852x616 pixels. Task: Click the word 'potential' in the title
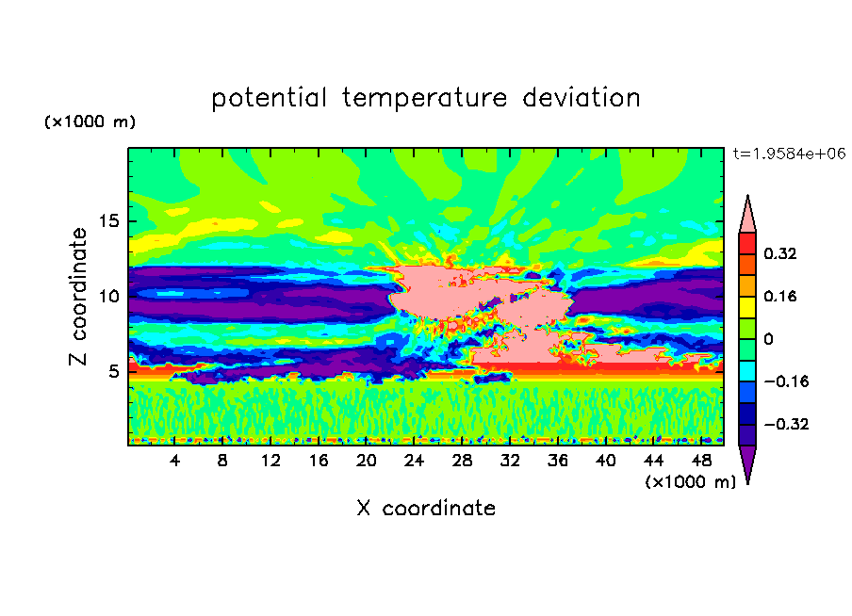[x=270, y=98]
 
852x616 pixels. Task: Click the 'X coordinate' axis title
[x=426, y=509]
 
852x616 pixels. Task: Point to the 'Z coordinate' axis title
[x=79, y=297]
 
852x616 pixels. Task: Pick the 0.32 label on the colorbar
[x=781, y=253]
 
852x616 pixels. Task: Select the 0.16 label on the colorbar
[x=781, y=296]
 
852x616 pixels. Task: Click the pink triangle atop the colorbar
[x=747, y=217]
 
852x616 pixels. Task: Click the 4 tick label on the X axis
[x=175, y=461]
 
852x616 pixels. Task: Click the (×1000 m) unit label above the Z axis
[x=90, y=122]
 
